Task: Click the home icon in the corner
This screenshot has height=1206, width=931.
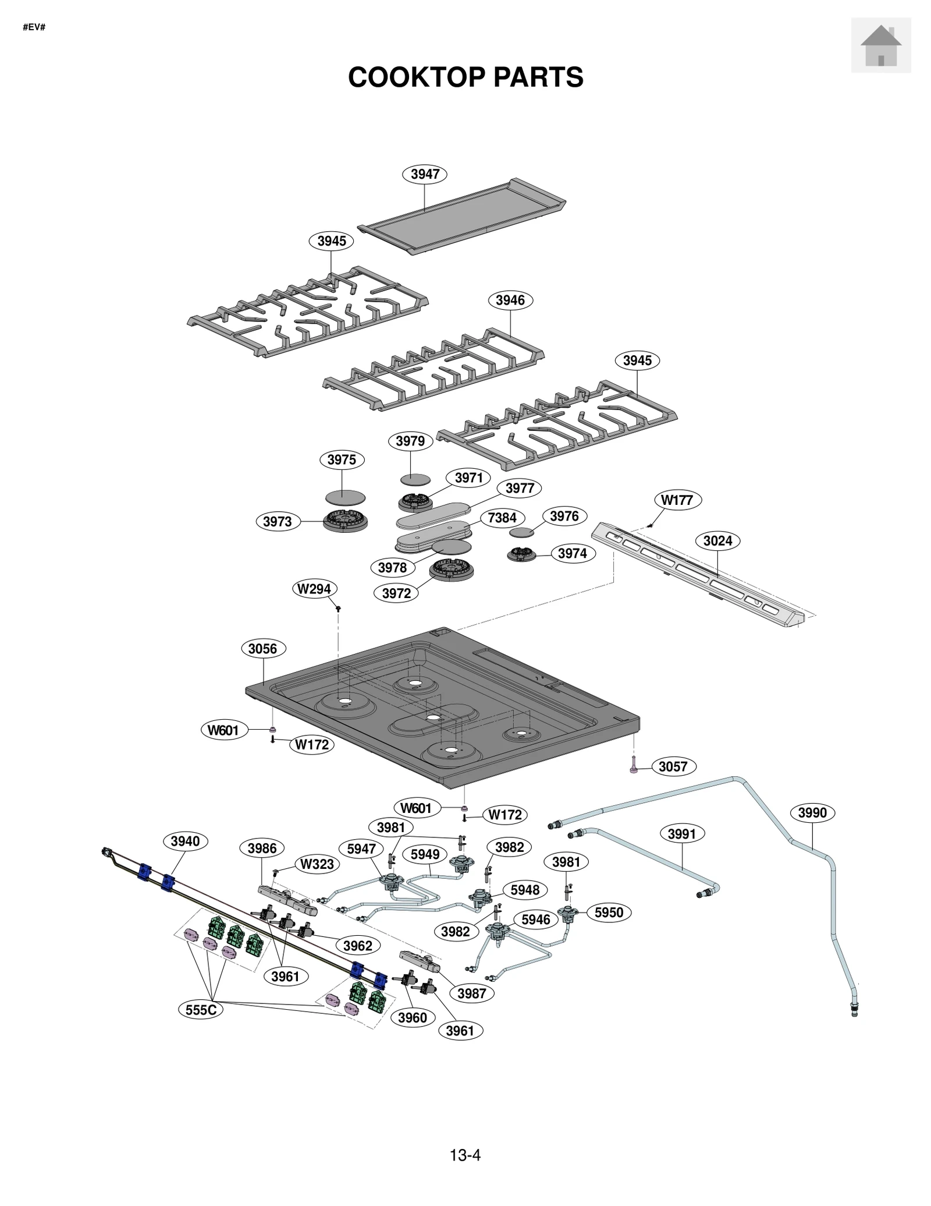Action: [880, 45]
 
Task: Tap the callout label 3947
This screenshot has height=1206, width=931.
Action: [425, 174]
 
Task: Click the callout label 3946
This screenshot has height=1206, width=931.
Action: [510, 300]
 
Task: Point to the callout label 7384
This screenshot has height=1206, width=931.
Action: [502, 518]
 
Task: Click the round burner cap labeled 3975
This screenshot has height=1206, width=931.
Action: [345, 498]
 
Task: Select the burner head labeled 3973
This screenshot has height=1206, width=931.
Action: [346, 520]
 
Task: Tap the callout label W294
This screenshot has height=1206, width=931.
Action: [314, 589]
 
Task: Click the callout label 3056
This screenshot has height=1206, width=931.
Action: [263, 649]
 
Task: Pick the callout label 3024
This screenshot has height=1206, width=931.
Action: [717, 541]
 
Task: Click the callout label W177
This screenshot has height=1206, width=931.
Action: [677, 500]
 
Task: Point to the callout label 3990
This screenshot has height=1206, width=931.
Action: [812, 812]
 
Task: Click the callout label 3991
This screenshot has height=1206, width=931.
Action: [682, 834]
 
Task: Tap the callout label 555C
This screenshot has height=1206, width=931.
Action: [201, 1010]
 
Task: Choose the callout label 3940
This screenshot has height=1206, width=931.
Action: [186, 841]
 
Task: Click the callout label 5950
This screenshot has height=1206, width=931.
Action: [609, 913]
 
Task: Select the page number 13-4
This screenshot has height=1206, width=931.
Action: [465, 1155]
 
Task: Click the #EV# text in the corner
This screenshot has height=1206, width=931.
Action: [34, 27]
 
